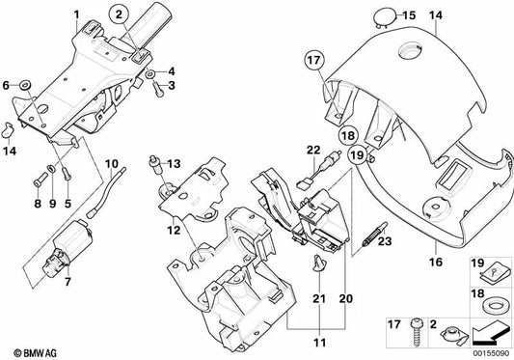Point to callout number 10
[111, 163]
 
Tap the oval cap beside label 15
[384, 15]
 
